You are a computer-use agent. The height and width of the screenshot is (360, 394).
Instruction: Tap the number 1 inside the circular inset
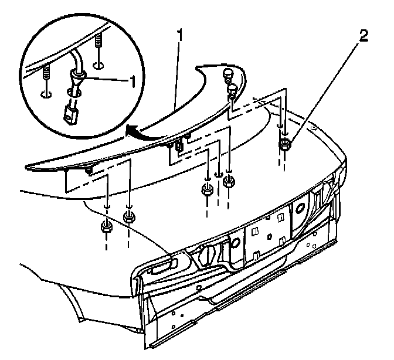pos(138,80)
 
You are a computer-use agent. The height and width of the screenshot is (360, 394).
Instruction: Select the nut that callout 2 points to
pos(285,145)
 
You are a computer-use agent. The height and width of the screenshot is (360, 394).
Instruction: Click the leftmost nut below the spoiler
pos(106,227)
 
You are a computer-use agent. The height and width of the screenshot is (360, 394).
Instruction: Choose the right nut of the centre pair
pos(230,182)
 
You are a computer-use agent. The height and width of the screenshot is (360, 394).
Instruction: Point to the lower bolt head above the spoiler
pos(233,89)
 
